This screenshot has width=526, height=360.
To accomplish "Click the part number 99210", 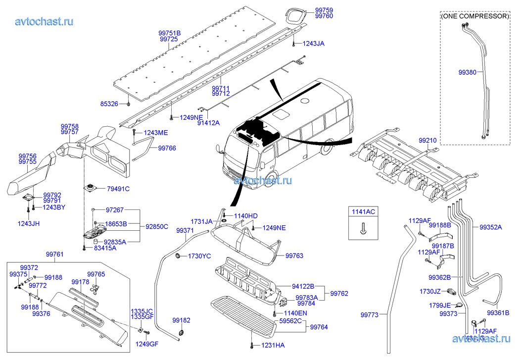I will pos(428,141).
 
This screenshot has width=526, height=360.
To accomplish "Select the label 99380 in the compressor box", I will pos(467,72).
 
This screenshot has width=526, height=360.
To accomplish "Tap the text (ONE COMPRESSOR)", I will pos(475,16).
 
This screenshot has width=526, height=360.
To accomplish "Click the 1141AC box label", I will pos(363,212).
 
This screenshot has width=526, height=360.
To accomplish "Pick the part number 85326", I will pos(109,104).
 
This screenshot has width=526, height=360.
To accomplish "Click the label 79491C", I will pos(118,189).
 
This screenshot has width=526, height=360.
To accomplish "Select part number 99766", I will pos(167,148).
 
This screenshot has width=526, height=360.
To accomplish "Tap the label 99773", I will pos(369,314).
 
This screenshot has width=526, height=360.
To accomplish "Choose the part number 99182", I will pos(181,320).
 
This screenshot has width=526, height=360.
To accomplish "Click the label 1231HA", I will pos(273,345).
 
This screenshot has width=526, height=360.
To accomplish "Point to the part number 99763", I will pos(294,256).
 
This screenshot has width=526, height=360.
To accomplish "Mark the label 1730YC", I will pos(200,256).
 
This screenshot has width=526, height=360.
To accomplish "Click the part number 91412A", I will pos(208,123).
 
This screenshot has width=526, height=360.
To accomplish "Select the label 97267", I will pos(114,210).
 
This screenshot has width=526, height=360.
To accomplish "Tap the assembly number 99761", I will pos(54,254).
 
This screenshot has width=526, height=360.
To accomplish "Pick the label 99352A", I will pos(490,227).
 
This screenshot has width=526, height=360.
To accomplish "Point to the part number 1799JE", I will pos(440,306).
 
